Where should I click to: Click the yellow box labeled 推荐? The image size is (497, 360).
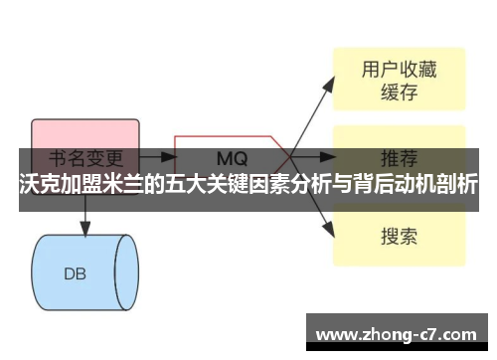click(398, 157)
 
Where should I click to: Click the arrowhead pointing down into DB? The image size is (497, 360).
click(84, 230)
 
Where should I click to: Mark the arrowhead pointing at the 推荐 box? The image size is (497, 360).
click(330, 157)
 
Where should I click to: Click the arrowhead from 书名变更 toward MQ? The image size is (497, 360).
click(165, 157)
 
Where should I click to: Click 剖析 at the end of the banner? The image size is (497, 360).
click(458, 185)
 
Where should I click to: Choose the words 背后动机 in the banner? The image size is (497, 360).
click(382, 185)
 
